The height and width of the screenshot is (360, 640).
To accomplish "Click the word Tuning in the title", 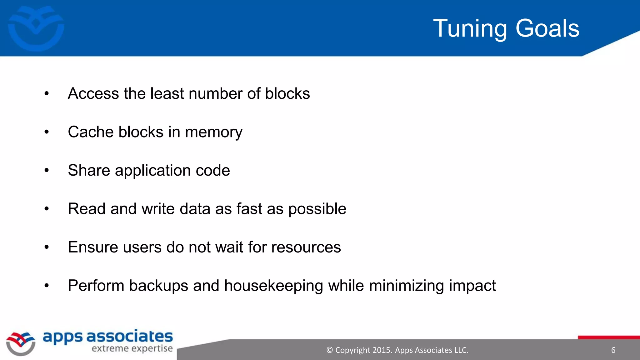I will click(x=470, y=29).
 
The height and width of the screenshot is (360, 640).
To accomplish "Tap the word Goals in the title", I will click(x=547, y=29).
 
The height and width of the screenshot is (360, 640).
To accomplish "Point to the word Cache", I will click(x=91, y=132).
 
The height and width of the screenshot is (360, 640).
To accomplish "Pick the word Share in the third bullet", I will click(x=89, y=170).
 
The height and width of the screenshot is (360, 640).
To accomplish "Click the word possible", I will click(x=317, y=209).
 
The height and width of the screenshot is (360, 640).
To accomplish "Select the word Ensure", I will click(x=93, y=247).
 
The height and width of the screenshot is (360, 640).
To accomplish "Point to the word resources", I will click(x=306, y=247).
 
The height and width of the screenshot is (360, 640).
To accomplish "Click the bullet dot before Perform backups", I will click(x=47, y=285).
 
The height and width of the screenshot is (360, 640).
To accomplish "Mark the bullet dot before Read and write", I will click(x=47, y=208).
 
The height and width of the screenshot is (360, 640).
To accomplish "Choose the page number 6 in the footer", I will click(x=613, y=350).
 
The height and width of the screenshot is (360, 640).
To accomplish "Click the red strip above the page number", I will click(x=609, y=337).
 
